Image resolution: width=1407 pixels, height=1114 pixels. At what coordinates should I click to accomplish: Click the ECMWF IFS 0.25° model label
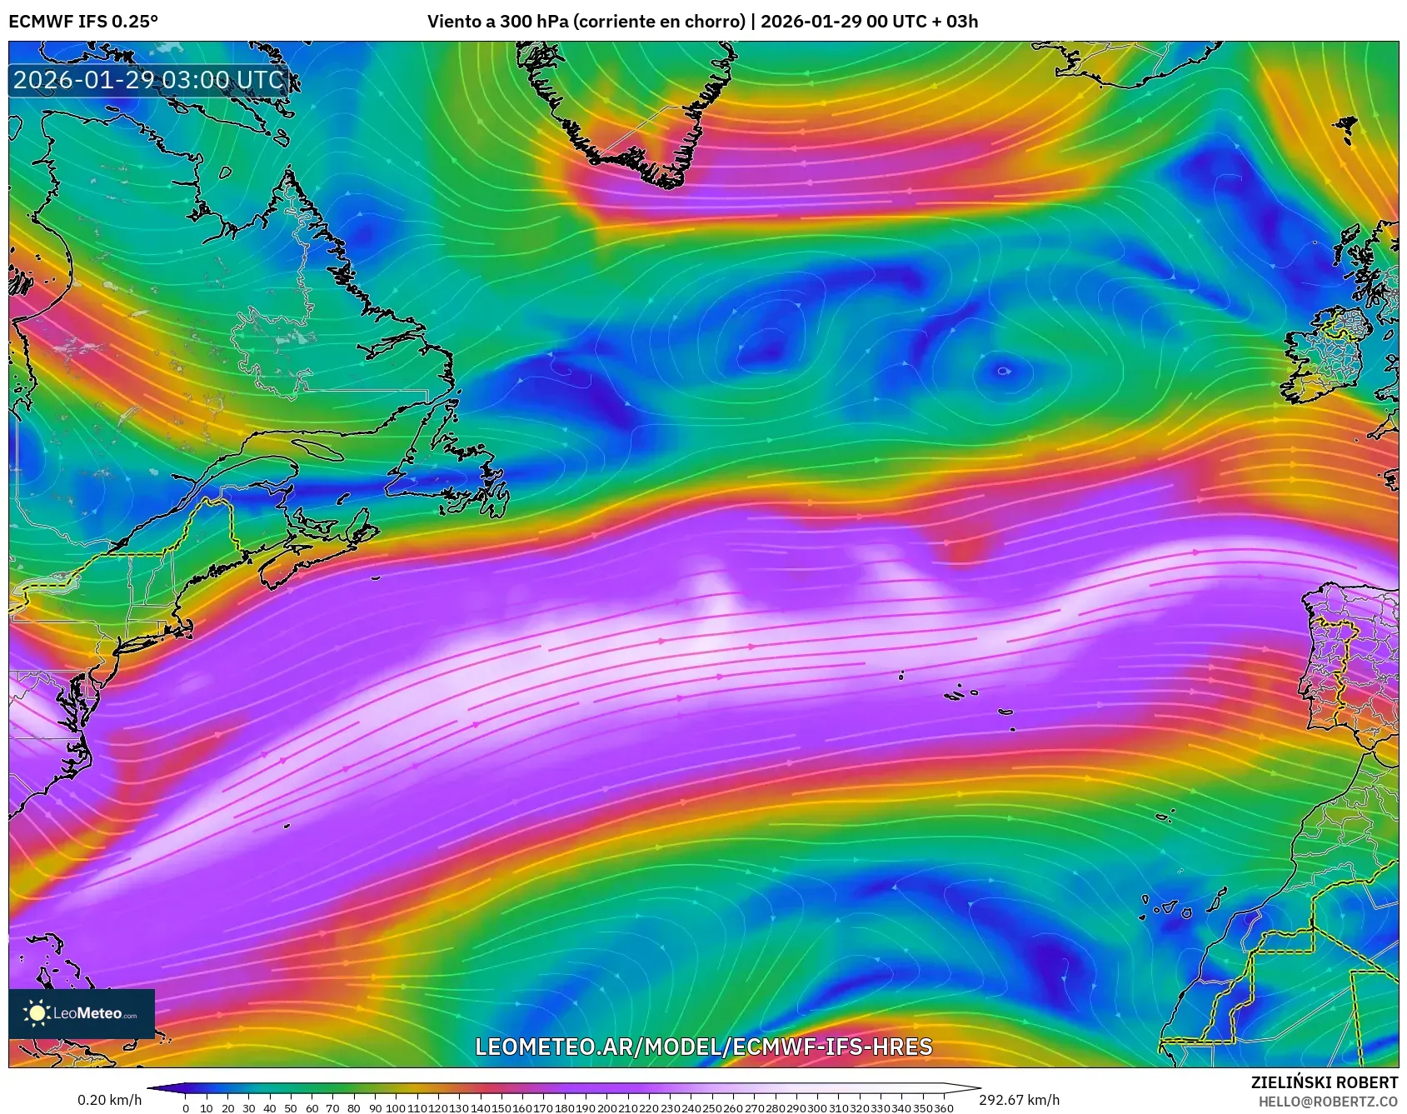83,21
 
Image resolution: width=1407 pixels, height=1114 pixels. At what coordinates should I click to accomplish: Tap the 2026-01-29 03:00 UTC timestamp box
148,80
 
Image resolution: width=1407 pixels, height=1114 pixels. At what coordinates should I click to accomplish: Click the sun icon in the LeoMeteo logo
37,1013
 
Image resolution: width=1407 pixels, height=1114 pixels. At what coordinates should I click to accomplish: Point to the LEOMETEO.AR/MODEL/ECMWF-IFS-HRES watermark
703,1047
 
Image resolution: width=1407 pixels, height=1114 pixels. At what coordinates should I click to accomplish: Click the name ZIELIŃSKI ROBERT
1324,1082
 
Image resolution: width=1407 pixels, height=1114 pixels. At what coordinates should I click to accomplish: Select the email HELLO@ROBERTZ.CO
1328,1102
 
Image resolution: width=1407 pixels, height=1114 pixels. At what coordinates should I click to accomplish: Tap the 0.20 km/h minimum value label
110,1100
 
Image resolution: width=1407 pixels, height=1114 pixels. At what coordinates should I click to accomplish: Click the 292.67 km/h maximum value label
1019,1100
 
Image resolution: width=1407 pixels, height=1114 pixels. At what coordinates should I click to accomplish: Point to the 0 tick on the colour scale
186,1108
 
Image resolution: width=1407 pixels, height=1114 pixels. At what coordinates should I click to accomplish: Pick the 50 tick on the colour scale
291,1108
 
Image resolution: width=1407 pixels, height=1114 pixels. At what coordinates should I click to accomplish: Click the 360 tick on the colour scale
944,1108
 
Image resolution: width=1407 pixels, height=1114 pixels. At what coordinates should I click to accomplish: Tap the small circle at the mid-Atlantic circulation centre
1003,372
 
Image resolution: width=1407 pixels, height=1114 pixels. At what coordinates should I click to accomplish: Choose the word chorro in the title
713,21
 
